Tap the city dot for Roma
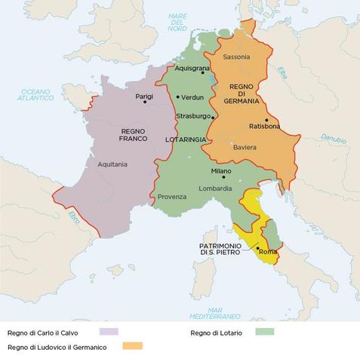pos(257,248)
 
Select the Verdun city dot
pos(177,97)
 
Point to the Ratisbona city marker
pos(266,120)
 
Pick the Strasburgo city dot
pos(213,117)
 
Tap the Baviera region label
pos(245,147)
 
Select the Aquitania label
pos(112,164)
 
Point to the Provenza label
pos(172,197)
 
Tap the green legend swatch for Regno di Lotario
pos(266,331)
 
